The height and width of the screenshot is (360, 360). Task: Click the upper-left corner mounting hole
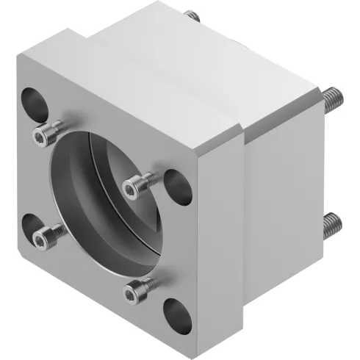32,98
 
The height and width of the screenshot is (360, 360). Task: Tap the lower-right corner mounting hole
177,311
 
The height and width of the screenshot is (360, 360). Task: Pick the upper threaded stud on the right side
331,95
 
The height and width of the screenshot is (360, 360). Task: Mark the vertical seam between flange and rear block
243,220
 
